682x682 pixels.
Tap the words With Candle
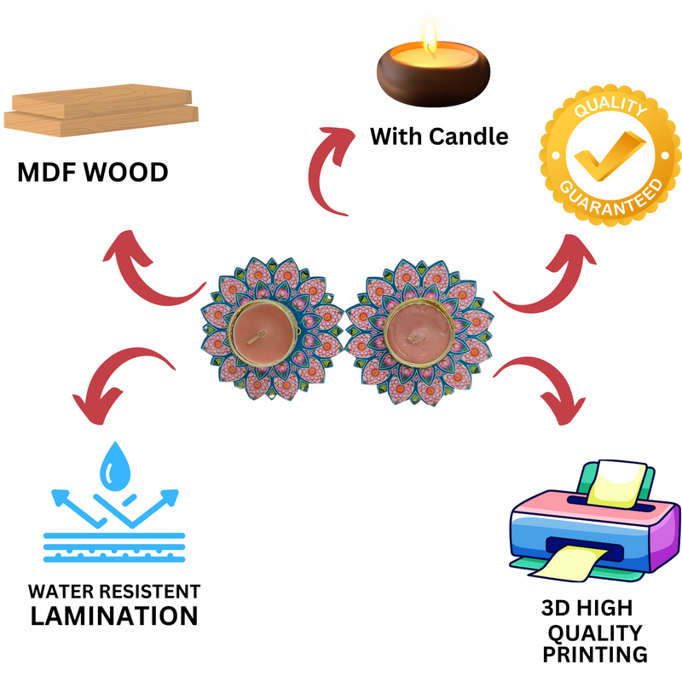coord(438,136)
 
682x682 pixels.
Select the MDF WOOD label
coord(93,173)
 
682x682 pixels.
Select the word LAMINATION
coord(114,615)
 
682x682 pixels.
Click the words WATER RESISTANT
coord(114,591)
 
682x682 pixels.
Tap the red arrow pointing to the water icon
coord(120,379)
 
